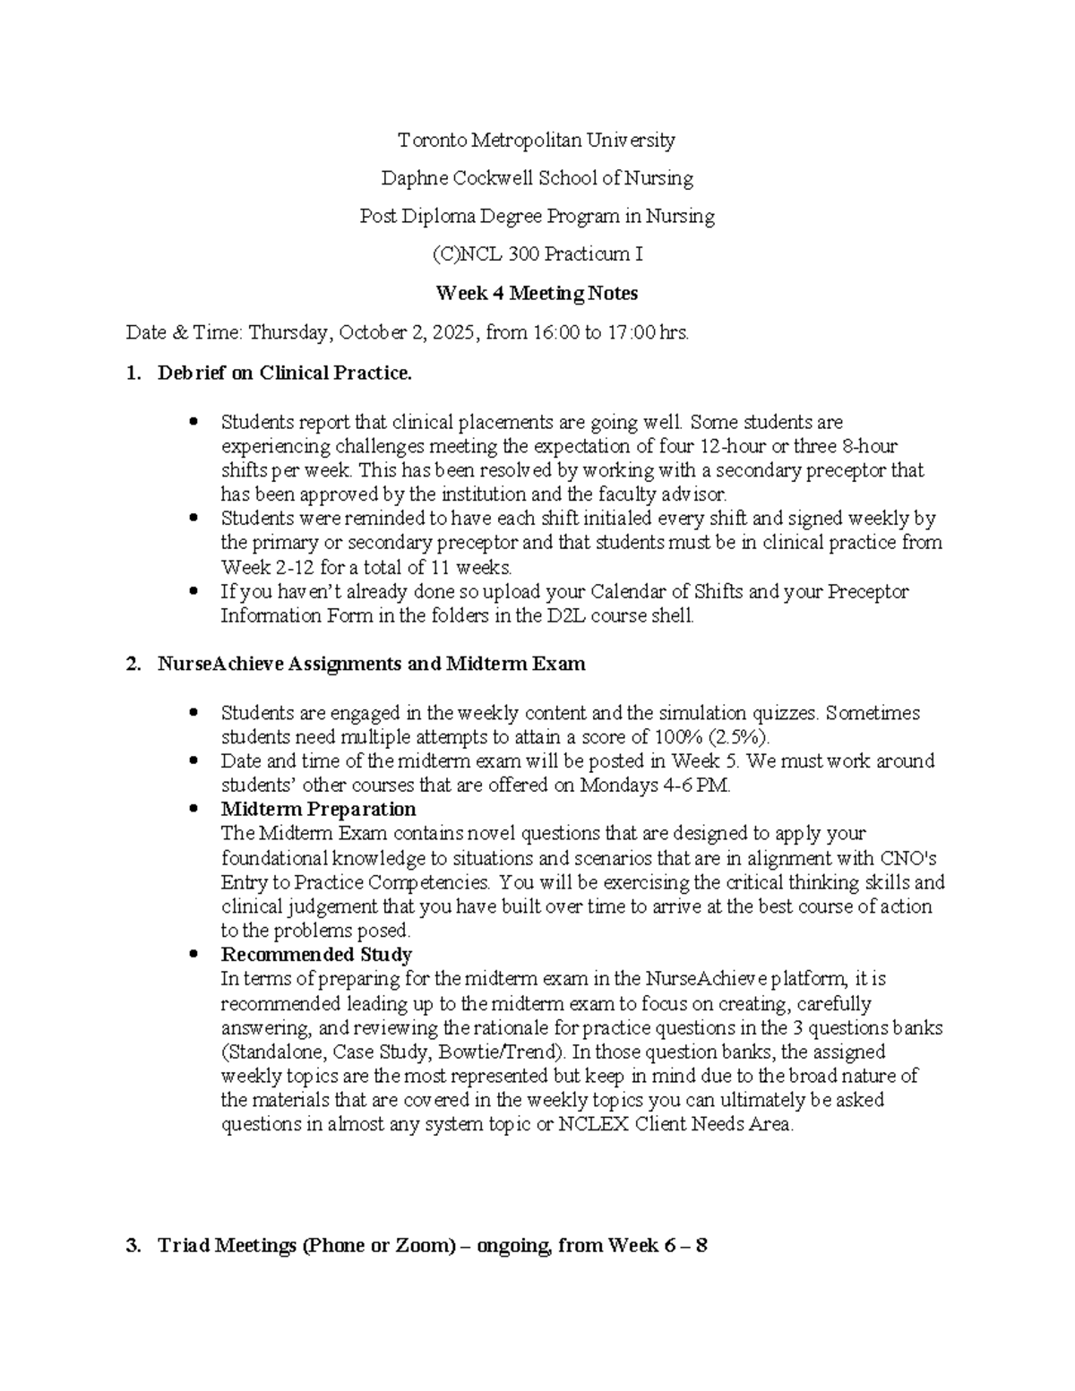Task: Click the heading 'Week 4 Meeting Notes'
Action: (x=537, y=293)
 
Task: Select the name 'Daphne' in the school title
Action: (x=414, y=178)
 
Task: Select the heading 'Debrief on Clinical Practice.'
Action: (x=285, y=374)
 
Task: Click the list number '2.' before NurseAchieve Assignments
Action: (x=134, y=664)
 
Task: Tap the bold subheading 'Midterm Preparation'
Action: (x=318, y=810)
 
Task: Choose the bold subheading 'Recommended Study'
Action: (x=316, y=955)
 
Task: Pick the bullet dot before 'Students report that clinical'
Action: (x=194, y=422)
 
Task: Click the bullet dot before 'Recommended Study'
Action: (x=194, y=955)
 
